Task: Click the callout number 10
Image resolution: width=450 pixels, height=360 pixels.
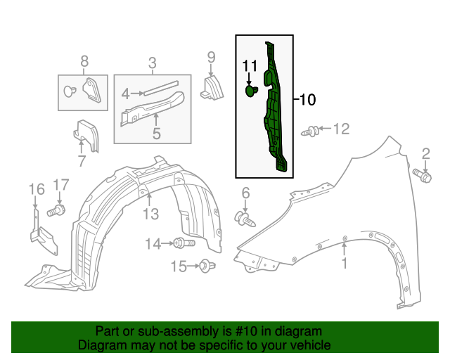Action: click(307, 100)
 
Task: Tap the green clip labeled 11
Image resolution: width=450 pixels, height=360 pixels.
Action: click(252, 91)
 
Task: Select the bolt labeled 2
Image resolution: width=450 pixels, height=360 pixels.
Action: click(422, 175)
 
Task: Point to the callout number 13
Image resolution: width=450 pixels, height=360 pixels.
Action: click(151, 214)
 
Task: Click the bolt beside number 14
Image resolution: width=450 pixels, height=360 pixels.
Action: click(184, 243)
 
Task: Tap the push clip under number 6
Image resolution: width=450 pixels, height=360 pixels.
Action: click(245, 219)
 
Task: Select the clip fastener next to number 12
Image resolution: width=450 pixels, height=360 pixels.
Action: click(310, 131)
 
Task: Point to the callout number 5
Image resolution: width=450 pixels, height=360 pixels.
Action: click(156, 134)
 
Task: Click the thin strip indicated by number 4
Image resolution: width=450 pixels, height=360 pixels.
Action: click(161, 88)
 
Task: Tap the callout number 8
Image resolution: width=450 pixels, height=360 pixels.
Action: click(84, 61)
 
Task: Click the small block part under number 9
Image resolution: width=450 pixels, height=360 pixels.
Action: click(212, 87)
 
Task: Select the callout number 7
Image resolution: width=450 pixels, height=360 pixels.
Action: click(82, 161)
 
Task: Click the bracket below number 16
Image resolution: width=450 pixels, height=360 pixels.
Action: click(43, 233)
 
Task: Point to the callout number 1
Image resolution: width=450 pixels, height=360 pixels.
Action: click(345, 263)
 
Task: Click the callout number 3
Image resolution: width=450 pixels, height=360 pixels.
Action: click(153, 63)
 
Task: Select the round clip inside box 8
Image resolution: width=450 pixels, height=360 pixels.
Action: click(70, 91)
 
